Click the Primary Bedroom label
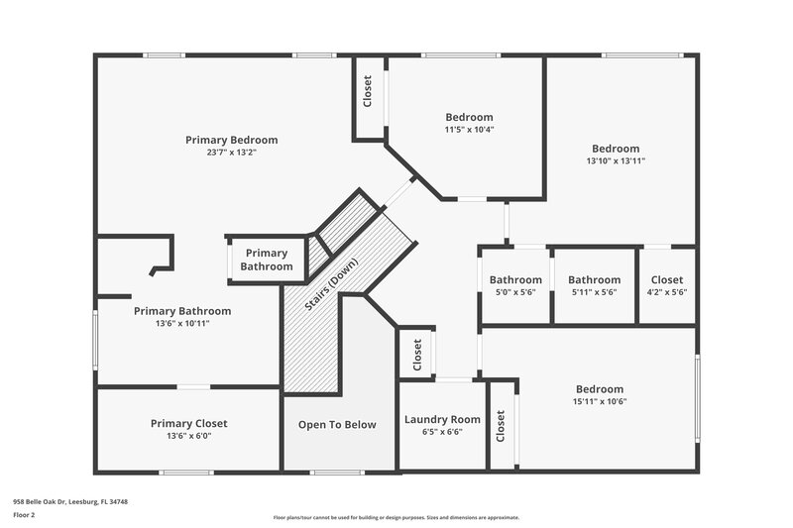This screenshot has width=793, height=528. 231,140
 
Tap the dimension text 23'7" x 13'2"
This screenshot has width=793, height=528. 231,153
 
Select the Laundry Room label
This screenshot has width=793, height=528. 441,419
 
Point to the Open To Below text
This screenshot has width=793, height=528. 337,425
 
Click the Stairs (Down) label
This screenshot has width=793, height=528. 331,286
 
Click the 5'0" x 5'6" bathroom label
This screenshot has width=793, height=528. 515,292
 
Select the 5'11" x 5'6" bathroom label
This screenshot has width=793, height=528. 594,292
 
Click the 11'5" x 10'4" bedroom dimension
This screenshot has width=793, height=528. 468,130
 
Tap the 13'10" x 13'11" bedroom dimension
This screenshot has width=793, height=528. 616,160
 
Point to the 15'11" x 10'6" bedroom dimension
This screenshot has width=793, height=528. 600,401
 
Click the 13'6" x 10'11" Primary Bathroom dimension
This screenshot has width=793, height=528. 181,323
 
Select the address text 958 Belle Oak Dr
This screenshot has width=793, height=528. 70,501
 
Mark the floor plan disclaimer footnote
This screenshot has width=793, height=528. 396,517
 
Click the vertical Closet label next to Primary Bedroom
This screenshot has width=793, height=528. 368,92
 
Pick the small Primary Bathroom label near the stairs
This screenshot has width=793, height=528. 267,260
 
